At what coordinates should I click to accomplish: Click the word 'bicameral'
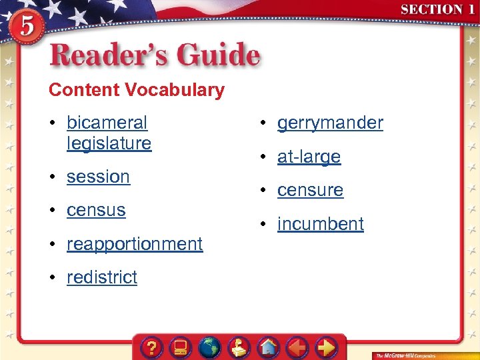click(107, 123)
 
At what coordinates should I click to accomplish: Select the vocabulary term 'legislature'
click(109, 143)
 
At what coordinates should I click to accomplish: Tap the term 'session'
click(98, 177)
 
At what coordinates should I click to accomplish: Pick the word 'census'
click(96, 210)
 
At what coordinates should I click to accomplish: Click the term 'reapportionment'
click(134, 244)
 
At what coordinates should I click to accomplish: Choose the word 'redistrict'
click(101, 277)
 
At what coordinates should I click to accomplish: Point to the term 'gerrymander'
click(330, 123)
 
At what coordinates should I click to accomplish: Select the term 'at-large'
click(309, 157)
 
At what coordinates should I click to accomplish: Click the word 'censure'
click(310, 190)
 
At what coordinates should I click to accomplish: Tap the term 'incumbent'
click(320, 224)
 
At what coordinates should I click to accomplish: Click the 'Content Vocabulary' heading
click(137, 90)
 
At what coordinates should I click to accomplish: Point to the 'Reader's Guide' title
click(154, 55)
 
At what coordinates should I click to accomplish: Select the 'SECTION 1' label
click(437, 10)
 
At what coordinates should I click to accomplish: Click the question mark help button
click(152, 347)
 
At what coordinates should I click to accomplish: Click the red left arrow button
click(297, 347)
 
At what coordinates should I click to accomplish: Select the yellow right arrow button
click(326, 347)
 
